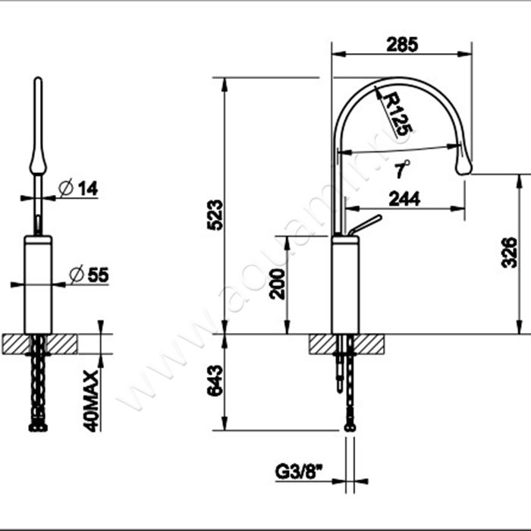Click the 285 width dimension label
pyautogui.click(x=402, y=44)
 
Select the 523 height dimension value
pyautogui.click(x=215, y=215)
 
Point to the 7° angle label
pyautogui.click(x=403, y=168)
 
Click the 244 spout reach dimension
pyautogui.click(x=404, y=199)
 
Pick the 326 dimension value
pyautogui.click(x=509, y=253)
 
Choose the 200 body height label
pyautogui.click(x=278, y=284)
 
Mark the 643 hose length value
pyautogui.click(x=215, y=381)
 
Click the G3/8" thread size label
pyautogui.click(x=299, y=472)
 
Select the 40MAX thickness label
pyautogui.click(x=91, y=401)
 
